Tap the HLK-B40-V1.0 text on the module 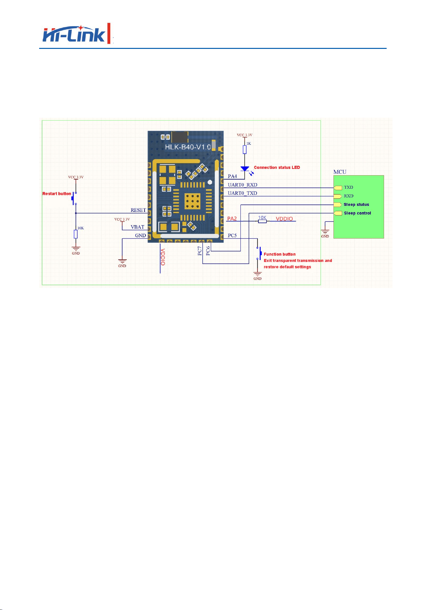[188, 147]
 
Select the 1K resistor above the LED [245, 150]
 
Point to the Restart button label [57, 194]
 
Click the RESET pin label [138, 210]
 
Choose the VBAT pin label [137, 227]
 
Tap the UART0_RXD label [242, 185]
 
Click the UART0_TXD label [242, 193]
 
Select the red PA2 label [232, 219]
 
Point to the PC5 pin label [232, 235]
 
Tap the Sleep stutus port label [356, 205]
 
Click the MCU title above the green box [340, 172]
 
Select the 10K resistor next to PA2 [262, 221]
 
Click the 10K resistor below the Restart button [76, 234]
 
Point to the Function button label [280, 254]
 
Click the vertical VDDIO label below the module [163, 257]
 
